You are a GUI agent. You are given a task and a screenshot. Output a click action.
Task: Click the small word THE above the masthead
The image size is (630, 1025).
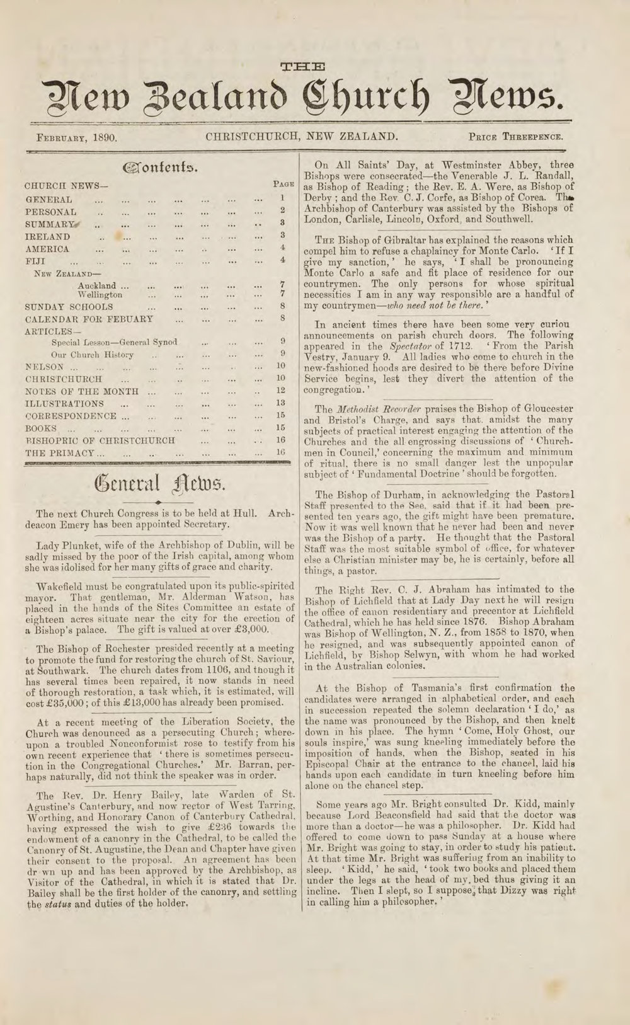pos(301,66)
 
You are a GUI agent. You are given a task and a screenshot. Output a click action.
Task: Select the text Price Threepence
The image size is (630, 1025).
pos(515,136)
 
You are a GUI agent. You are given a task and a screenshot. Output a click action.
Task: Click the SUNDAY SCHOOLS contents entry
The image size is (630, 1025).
pos(69,307)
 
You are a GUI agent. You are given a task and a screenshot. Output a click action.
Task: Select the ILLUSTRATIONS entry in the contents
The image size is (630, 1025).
pos(64,404)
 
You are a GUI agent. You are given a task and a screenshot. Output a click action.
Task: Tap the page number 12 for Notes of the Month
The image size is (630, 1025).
pos(281,391)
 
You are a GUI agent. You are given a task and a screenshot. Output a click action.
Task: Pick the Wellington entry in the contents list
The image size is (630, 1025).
pos(100,294)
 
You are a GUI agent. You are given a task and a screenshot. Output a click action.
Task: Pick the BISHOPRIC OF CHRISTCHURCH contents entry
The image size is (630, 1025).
pos(100,440)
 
